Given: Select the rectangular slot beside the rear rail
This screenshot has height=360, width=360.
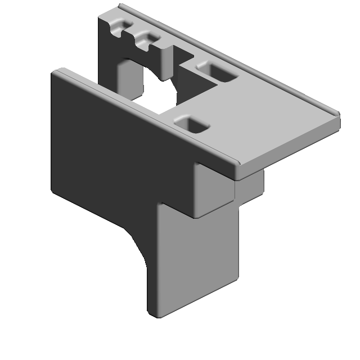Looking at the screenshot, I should pos(216,71).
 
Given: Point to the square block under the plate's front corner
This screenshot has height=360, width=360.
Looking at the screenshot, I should pos(213,188).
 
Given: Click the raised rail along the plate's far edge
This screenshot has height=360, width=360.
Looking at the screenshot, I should pos(236,56).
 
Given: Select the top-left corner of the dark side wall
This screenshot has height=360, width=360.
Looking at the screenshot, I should pos(55,73).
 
